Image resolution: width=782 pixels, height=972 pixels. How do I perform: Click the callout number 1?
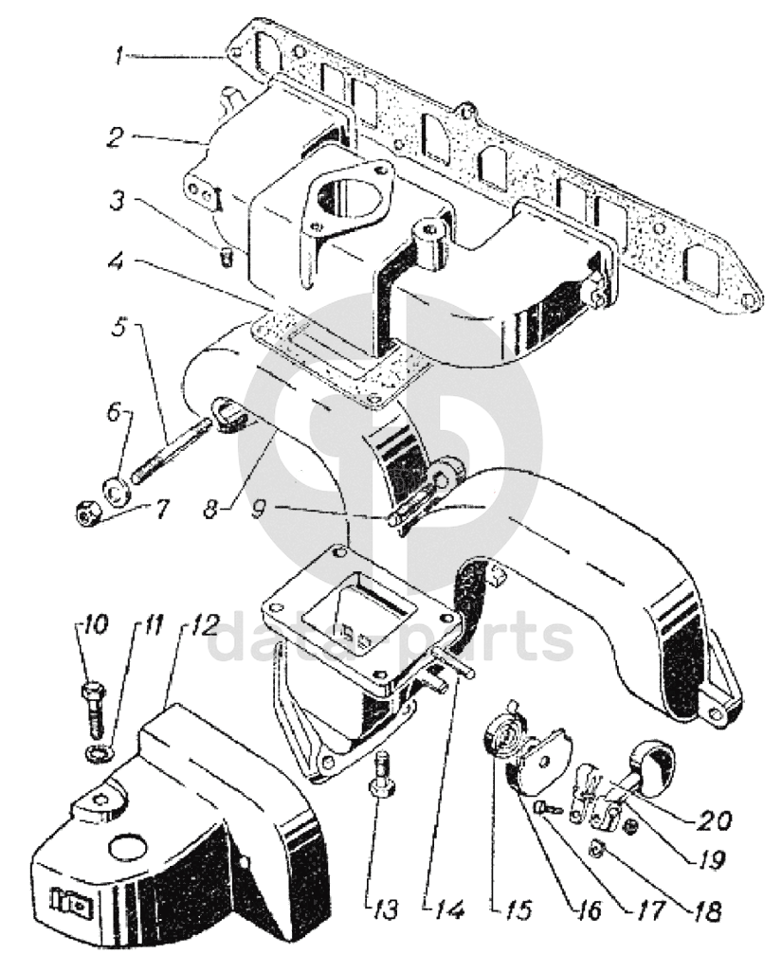(x=118, y=56)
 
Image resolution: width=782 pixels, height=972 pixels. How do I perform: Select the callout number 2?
(x=115, y=137)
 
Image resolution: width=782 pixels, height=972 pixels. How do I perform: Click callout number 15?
(x=516, y=909)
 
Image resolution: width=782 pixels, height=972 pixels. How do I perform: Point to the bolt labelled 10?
(x=93, y=706)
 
